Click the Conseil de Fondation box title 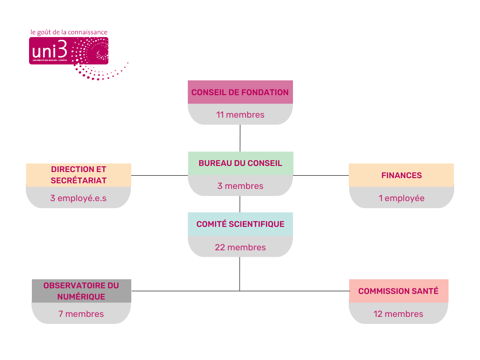240,92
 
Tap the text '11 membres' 240,115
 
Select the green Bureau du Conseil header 240,163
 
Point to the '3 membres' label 240,186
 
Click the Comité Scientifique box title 240,224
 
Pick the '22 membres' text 240,247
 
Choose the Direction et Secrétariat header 78,175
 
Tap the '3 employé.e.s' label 78,198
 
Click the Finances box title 401,175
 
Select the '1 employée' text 401,198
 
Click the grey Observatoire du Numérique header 81,291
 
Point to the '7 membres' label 81,314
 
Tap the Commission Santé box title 398,291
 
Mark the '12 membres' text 398,314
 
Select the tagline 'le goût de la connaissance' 69,32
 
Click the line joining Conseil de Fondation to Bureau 240,138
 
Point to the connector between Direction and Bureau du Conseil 159,175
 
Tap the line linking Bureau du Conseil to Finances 321,175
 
